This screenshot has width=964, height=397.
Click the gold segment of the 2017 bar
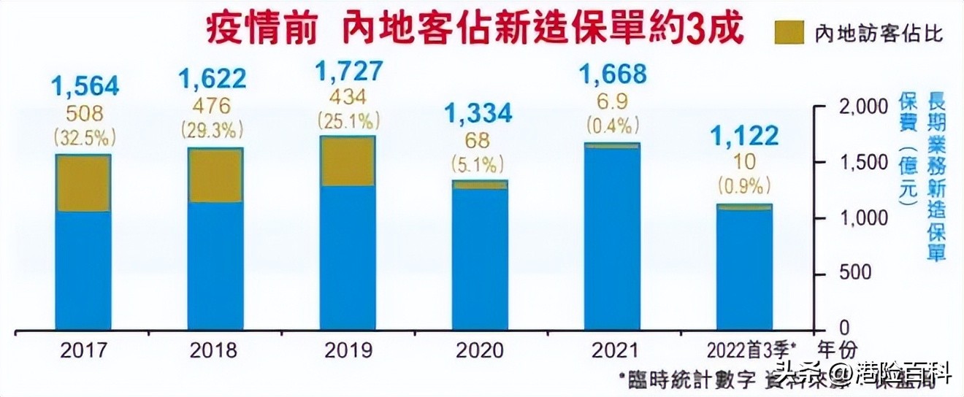tap(83, 183)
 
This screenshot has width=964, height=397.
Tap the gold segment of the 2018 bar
tap(215, 175)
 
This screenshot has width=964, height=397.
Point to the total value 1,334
tap(480, 113)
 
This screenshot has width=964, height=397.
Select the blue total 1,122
tap(745, 135)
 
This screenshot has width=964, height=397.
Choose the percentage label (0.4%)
tap(613, 126)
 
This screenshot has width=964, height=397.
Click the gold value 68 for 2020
tap(480, 139)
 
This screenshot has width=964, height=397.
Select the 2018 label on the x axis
tap(213, 351)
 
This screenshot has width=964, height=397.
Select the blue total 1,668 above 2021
tap(612, 74)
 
